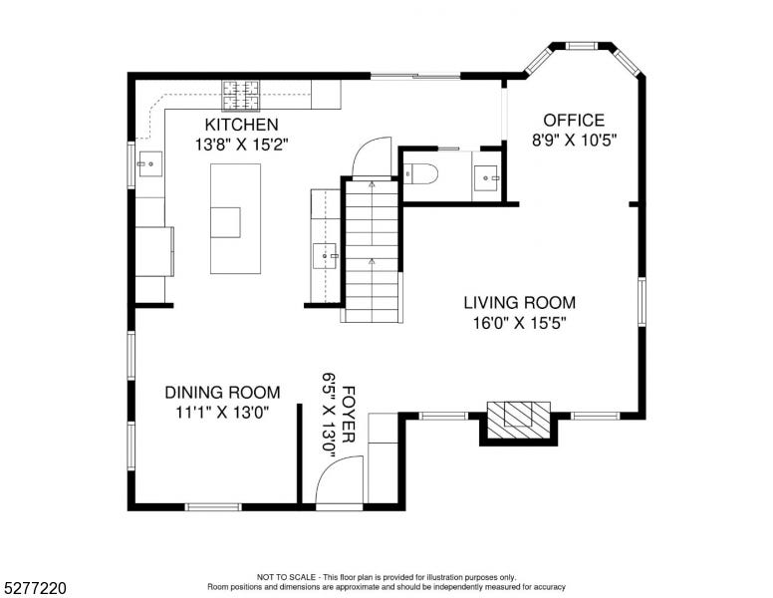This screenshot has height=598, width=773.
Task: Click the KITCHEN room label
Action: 241,125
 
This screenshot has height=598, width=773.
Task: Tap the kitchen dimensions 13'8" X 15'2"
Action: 241,145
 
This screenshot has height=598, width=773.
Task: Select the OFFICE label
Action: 574,121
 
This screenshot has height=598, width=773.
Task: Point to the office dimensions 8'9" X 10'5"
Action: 575,141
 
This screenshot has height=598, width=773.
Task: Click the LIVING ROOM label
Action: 520,302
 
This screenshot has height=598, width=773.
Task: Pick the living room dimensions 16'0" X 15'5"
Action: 520,323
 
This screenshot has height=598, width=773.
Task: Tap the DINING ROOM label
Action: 222,393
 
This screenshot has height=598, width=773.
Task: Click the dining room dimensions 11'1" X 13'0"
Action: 222,413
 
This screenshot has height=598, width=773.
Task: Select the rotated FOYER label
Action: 348,415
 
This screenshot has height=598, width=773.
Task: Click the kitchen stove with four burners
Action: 241,96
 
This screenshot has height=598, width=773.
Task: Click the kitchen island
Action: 235,218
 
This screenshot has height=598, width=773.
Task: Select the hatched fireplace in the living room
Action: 519,420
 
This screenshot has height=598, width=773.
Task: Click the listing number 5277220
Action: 35,588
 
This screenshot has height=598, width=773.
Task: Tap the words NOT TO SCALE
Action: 286,577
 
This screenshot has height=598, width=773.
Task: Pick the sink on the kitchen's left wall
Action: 149,164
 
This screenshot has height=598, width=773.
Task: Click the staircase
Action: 372,251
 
